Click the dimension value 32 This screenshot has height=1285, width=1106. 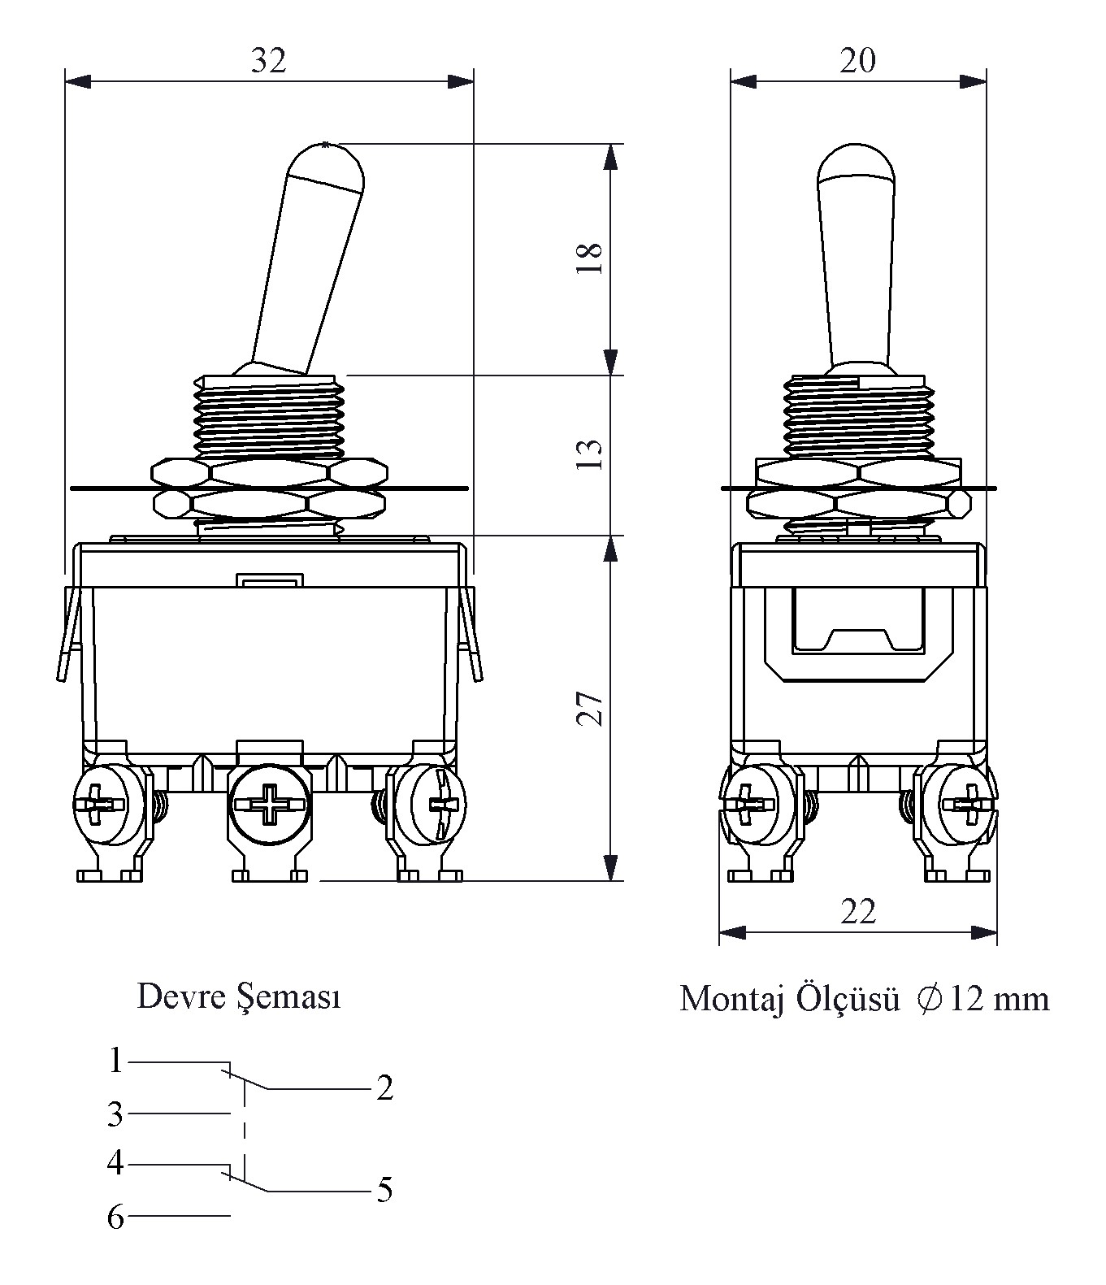[268, 61]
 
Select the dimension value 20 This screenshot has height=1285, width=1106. [858, 61]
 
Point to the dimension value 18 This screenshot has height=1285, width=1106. [591, 258]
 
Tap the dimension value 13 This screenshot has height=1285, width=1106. [591, 454]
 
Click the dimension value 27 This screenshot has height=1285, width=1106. [591, 708]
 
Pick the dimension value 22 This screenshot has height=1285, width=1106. [858, 912]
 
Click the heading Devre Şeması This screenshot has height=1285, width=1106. [239, 996]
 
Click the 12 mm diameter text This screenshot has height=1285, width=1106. [999, 998]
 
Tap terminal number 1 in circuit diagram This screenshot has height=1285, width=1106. [116, 1061]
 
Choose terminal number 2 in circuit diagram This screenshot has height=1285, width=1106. [384, 1087]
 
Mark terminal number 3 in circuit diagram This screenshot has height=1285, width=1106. [116, 1114]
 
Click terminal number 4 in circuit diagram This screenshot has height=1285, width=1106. [116, 1162]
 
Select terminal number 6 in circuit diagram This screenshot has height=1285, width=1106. [116, 1218]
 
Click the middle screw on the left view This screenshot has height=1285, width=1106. [268, 805]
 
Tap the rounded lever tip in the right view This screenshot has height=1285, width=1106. [856, 163]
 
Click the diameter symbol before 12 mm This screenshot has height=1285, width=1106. [929, 997]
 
